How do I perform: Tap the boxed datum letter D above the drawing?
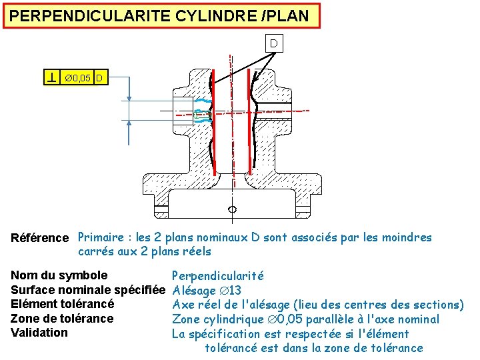pos(273,44)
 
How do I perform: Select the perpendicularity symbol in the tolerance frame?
pos(51,78)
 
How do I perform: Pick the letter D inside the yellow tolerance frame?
pos(99,79)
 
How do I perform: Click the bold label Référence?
pos(40,238)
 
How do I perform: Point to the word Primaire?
pos(100,237)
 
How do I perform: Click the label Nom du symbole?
pos(59,275)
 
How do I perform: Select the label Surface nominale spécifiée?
pos(88,290)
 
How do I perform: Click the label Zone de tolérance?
pos(62,319)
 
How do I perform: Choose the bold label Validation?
pos(39,333)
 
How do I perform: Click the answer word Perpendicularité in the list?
pos(218,276)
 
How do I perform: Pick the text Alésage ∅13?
pos(207,291)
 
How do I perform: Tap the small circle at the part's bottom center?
pos(232,209)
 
